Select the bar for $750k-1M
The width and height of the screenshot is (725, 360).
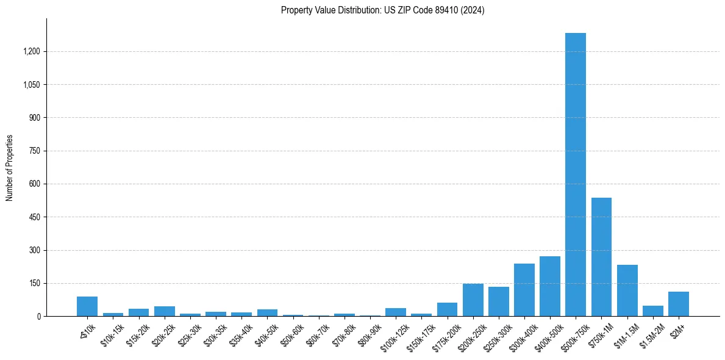(601, 257)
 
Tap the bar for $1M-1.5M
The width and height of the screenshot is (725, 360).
(627, 290)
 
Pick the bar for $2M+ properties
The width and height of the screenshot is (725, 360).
(678, 304)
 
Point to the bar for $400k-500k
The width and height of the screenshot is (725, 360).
(549, 286)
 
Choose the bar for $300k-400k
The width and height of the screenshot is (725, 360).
(524, 290)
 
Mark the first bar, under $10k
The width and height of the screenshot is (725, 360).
(87, 306)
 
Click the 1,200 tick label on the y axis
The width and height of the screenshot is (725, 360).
(31, 51)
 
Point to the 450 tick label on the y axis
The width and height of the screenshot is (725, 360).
(34, 217)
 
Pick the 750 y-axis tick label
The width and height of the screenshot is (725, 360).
(34, 151)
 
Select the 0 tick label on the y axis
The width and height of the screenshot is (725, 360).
(38, 317)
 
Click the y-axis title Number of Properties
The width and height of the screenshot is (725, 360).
(9, 168)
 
